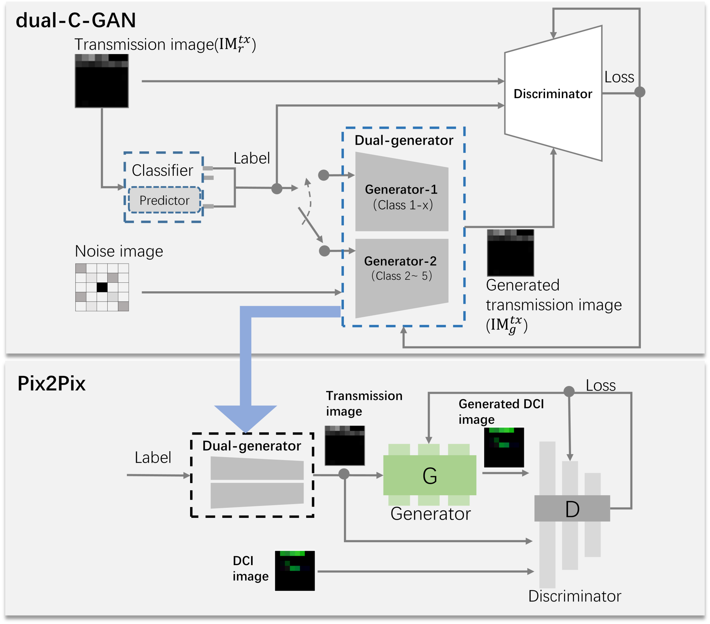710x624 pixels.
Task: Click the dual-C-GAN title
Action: (76, 20)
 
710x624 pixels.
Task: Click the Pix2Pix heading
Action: (51, 383)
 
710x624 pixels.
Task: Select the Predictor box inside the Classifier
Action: (165, 200)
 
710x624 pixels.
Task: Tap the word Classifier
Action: (162, 171)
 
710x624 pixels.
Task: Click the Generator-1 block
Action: (402, 197)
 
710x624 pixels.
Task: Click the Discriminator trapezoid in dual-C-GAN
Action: (553, 94)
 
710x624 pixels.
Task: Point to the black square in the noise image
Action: (102, 287)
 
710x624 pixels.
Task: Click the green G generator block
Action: (430, 475)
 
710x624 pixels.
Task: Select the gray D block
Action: (572, 509)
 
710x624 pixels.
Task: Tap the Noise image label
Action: (119, 251)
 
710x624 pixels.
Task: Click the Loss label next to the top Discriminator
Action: (619, 77)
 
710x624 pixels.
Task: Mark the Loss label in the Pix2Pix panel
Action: (601, 386)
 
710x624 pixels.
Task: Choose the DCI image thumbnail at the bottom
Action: (295, 570)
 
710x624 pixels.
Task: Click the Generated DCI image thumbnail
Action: (504, 447)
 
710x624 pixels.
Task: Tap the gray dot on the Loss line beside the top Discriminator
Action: (640, 92)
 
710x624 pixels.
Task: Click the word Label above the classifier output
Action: (251, 158)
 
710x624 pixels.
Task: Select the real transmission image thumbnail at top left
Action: (102, 81)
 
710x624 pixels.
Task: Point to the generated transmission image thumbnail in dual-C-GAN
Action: (510, 253)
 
